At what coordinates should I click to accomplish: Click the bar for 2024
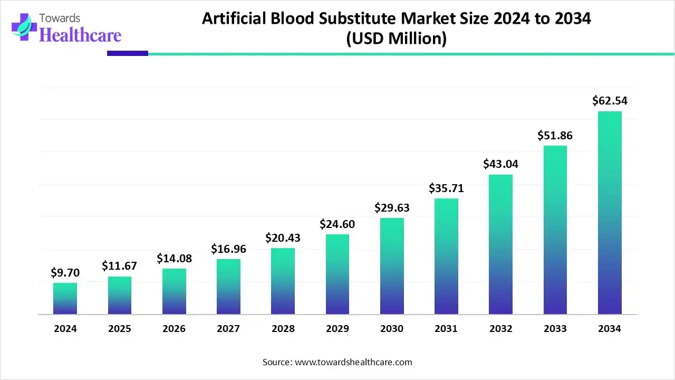click(x=65, y=299)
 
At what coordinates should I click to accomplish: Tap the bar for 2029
click(x=337, y=274)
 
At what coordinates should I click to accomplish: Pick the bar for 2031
click(x=446, y=256)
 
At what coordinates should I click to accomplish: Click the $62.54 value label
click(x=610, y=101)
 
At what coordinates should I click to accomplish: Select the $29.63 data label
click(x=392, y=207)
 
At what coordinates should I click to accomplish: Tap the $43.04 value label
click(x=500, y=164)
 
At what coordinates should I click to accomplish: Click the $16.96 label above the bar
click(x=228, y=249)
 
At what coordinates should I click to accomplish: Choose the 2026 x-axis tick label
click(x=174, y=329)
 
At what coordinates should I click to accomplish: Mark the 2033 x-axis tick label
click(x=555, y=329)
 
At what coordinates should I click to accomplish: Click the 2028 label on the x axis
click(x=283, y=329)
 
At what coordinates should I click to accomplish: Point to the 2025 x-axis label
click(x=120, y=329)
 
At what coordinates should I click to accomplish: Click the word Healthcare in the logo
click(x=80, y=35)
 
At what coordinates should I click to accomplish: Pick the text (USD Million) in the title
click(x=396, y=39)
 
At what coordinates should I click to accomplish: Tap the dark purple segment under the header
click(x=128, y=53)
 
